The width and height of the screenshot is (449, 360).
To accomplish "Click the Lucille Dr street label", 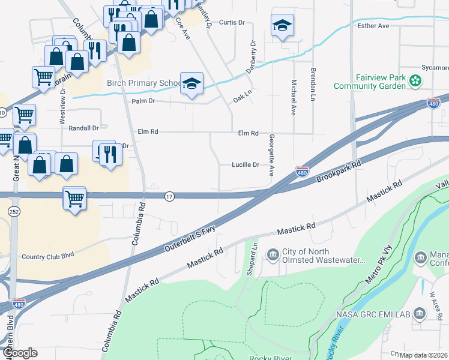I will click(x=247, y=164).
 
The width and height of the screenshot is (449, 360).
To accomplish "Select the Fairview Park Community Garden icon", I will click(x=414, y=80).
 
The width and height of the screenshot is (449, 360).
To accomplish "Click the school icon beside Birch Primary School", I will click(x=191, y=84).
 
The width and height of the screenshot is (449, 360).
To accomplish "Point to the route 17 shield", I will click(x=170, y=197).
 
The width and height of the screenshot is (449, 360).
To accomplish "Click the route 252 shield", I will click(x=14, y=212).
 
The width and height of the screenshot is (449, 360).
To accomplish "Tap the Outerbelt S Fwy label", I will click(x=189, y=239).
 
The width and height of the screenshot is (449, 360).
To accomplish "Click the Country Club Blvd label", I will click(x=47, y=254).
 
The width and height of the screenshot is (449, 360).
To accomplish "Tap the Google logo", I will click(x=19, y=353).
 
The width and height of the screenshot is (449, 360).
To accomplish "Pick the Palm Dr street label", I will click(x=143, y=101).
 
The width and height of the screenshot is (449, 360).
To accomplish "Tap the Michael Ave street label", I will click(x=293, y=97).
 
